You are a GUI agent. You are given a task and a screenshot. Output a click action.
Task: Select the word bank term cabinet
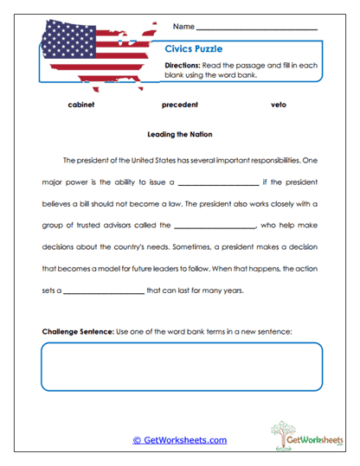[80, 105]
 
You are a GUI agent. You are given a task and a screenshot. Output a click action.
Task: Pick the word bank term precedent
[180, 105]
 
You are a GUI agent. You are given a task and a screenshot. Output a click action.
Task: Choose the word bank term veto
[280, 105]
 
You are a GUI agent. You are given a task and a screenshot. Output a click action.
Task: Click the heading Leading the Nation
[180, 135]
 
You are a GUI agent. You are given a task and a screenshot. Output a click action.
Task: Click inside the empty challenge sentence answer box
[180, 367]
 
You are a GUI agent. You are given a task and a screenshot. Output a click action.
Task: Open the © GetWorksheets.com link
[180, 440]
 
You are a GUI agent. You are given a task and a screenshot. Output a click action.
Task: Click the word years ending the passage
[231, 291]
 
